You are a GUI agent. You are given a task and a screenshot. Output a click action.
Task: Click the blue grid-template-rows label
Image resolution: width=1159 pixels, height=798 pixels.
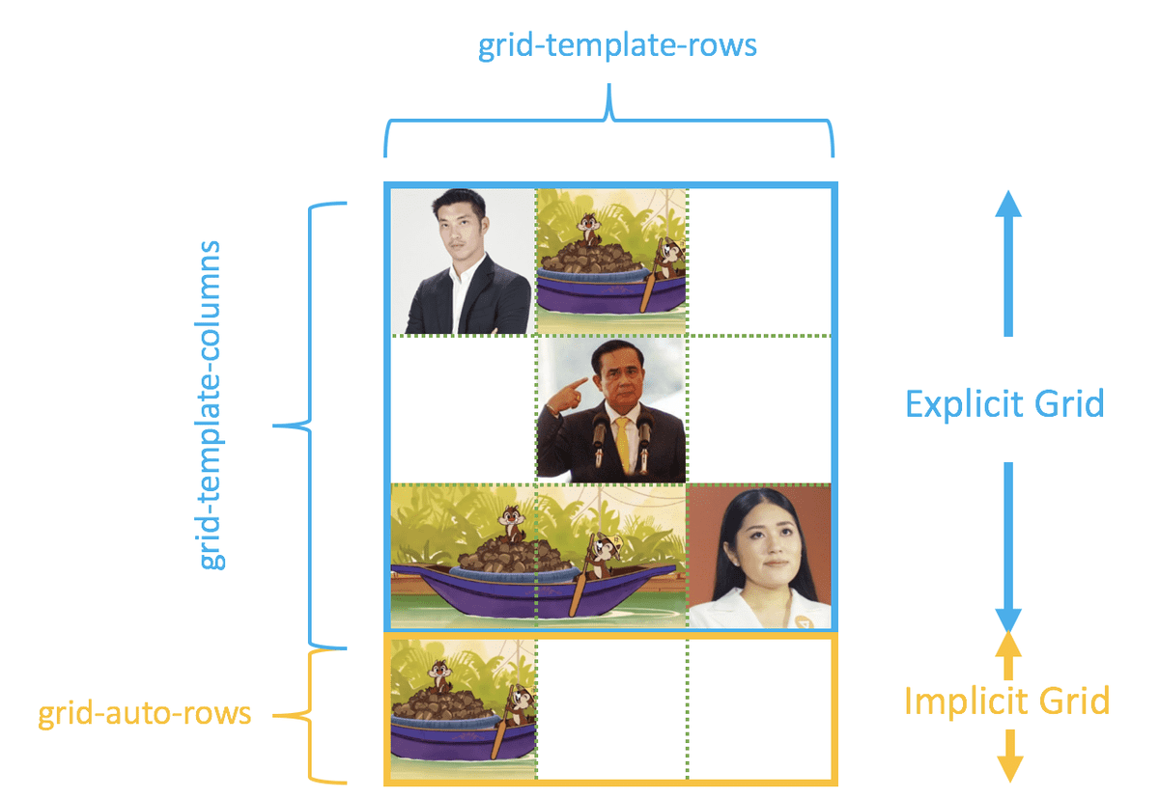click(618, 46)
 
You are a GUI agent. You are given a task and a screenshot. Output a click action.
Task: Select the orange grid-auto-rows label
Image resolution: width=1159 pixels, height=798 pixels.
click(145, 715)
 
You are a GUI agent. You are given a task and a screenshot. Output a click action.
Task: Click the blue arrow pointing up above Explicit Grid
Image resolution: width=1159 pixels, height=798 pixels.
click(1007, 261)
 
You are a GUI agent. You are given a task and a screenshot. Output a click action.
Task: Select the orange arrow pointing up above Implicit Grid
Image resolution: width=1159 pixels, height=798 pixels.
click(1007, 656)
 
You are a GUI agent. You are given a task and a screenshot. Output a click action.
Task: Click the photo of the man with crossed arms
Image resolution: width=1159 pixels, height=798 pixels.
click(463, 261)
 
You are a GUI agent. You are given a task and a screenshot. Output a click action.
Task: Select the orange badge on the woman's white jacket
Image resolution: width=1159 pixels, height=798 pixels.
click(798, 618)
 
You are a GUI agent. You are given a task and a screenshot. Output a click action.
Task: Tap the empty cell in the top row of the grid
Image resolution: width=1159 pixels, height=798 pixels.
click(758, 261)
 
